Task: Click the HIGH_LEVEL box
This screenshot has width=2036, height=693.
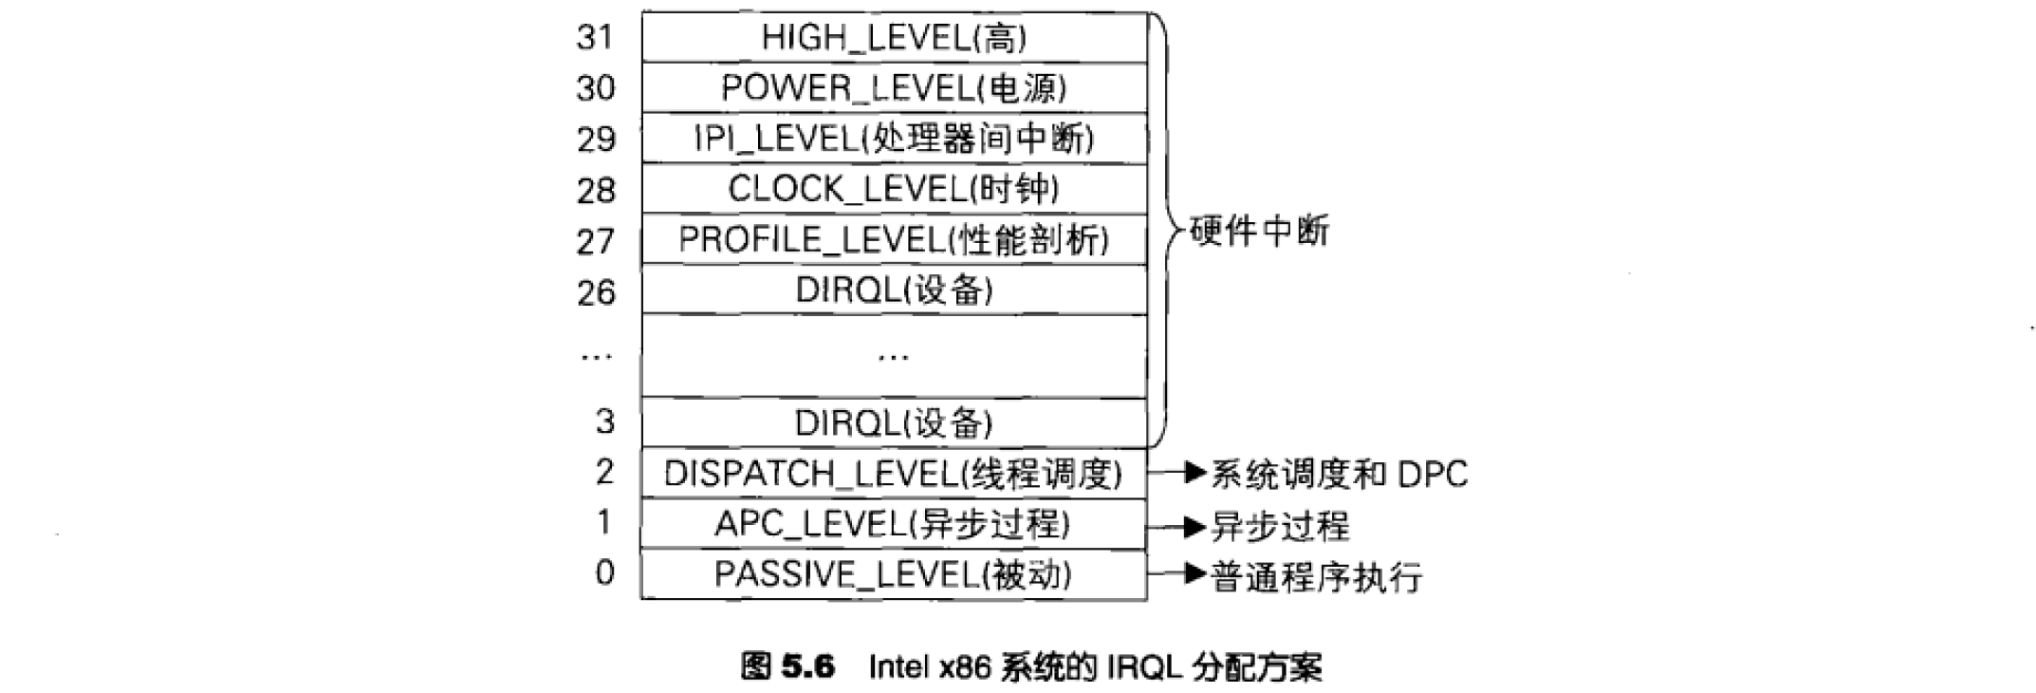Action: tap(895, 37)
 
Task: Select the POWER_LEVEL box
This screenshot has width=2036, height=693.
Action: tap(895, 87)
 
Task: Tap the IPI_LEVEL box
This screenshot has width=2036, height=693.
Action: tap(895, 139)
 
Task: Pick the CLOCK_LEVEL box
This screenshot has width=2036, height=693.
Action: tap(895, 189)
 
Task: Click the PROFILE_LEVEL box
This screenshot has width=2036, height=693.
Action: tap(895, 239)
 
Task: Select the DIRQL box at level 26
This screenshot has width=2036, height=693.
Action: tap(895, 290)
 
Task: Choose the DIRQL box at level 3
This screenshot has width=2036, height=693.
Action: tap(895, 422)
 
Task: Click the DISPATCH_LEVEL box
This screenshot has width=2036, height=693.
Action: tap(895, 473)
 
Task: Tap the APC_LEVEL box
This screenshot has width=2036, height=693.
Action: tap(895, 524)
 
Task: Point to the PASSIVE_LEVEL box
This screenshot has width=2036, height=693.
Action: tap(895, 574)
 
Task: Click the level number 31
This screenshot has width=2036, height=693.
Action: tap(595, 37)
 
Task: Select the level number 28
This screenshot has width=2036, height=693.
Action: tap(595, 190)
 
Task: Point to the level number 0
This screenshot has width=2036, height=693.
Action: tap(604, 572)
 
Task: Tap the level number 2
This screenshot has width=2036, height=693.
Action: tap(604, 472)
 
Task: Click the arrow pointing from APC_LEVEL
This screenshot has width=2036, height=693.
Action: tap(1176, 526)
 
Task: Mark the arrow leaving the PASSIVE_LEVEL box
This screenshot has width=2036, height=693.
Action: tap(1176, 573)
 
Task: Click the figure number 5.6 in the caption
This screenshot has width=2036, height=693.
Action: tap(808, 666)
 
